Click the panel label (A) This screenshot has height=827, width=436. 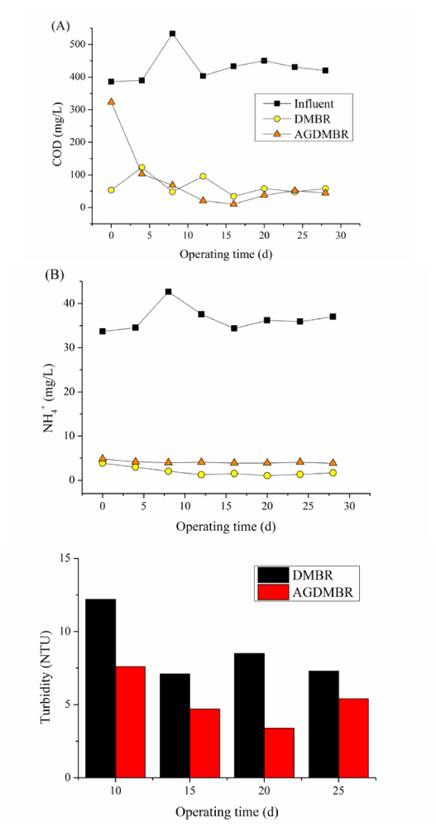(60, 26)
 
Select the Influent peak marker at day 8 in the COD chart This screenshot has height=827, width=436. (172, 34)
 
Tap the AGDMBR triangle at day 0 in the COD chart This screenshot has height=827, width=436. (111, 101)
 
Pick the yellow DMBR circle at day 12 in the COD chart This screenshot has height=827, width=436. (203, 176)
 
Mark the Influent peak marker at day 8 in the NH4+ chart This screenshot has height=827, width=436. (169, 292)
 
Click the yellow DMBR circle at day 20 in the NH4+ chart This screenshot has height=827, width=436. (267, 476)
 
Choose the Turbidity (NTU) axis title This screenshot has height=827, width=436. (47, 668)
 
